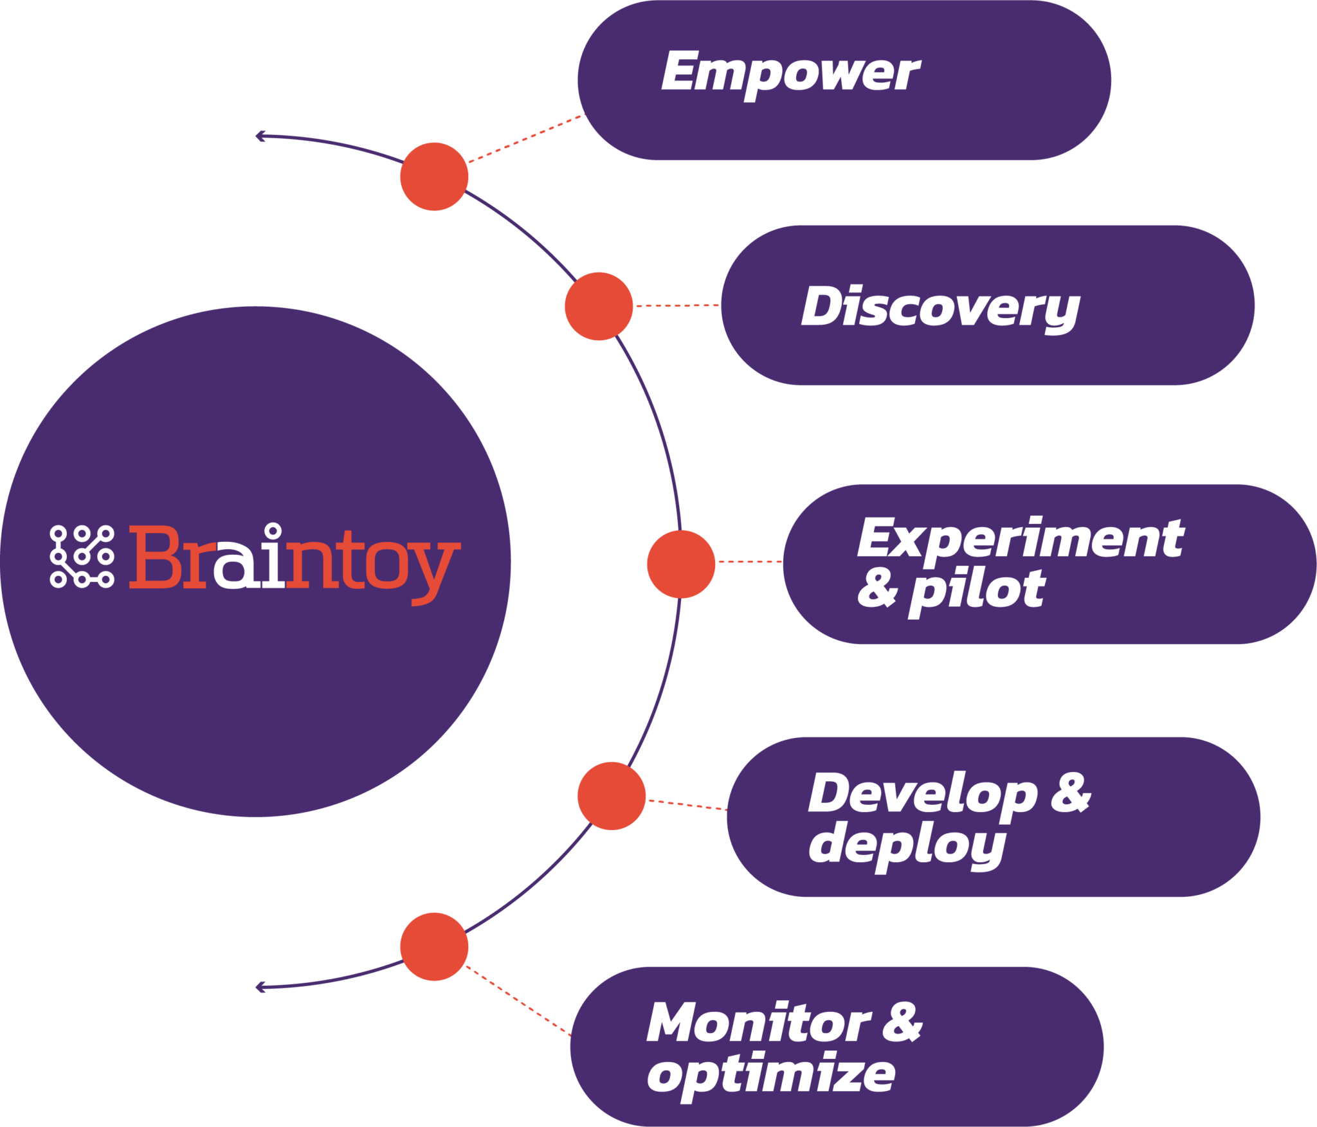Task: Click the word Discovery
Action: click(940, 307)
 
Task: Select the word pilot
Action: click(976, 590)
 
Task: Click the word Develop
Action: click(922, 795)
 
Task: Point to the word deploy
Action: click(907, 846)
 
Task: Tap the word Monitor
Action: click(758, 1023)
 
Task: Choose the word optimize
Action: click(770, 1075)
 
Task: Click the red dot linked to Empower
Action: click(434, 176)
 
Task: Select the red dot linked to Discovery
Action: click(599, 306)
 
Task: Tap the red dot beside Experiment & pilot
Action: click(680, 564)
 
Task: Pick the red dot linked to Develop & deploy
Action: click(611, 796)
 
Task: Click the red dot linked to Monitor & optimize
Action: click(434, 946)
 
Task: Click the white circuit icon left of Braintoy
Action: click(82, 556)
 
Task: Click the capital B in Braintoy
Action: click(153, 557)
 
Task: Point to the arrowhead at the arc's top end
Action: click(260, 136)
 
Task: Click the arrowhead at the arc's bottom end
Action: click(260, 987)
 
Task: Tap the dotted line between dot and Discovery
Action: click(677, 305)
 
